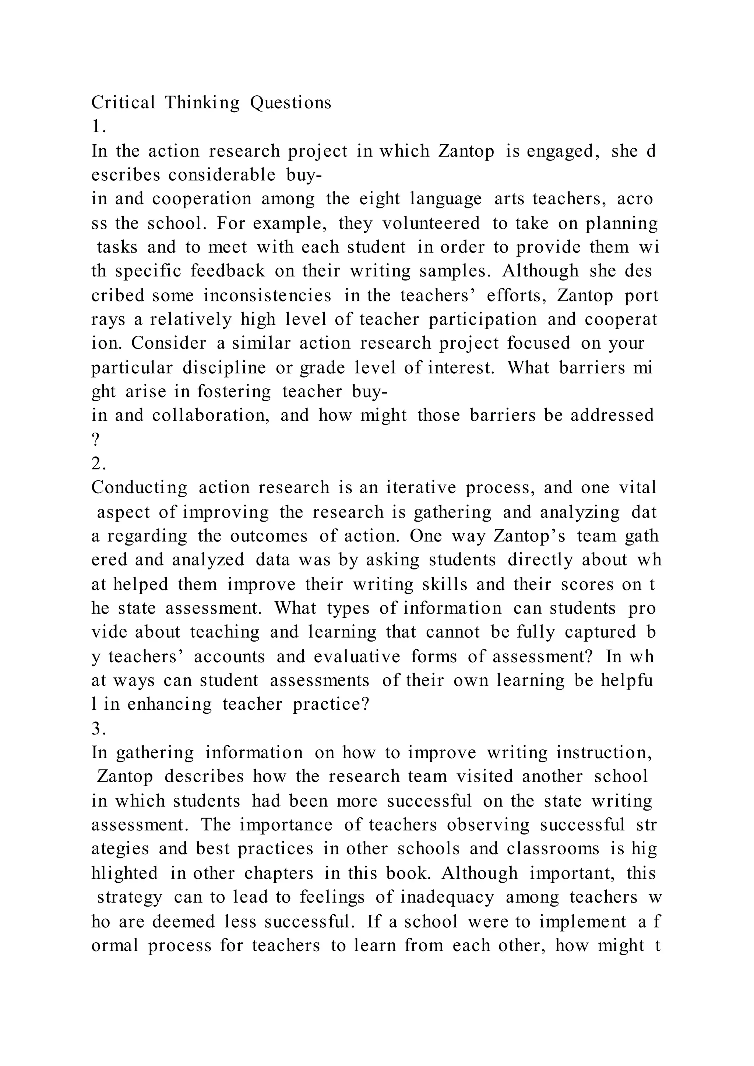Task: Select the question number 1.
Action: click(x=98, y=127)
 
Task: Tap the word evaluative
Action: click(x=357, y=657)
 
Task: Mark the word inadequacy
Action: click(x=447, y=897)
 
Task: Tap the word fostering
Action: click(x=234, y=391)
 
